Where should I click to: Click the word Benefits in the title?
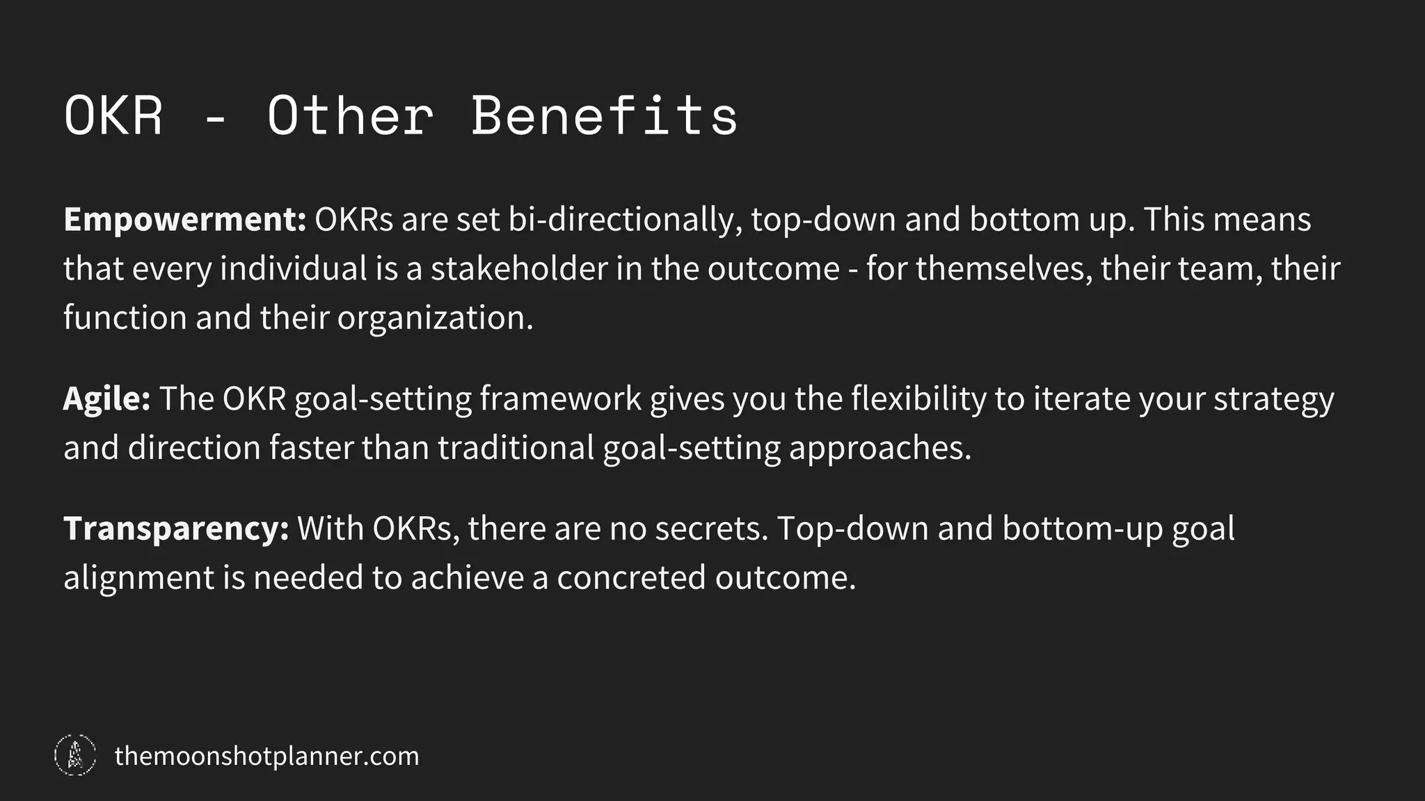(x=604, y=115)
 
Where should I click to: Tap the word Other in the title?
(x=350, y=115)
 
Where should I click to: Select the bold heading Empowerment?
(x=185, y=220)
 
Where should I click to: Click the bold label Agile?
(x=106, y=399)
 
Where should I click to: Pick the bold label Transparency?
(x=176, y=529)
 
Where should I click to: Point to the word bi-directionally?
(x=625, y=220)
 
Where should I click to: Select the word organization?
(x=435, y=318)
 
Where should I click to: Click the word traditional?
(x=516, y=448)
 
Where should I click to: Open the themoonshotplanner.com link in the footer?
(x=266, y=756)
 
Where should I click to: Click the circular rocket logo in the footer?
(x=75, y=755)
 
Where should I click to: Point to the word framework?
(x=560, y=399)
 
